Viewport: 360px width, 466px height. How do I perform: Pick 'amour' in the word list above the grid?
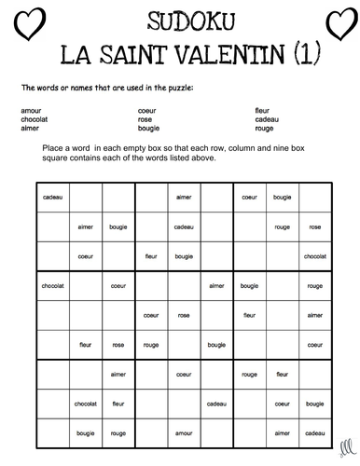click(29, 111)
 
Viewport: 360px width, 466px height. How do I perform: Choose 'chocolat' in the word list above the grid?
click(34, 119)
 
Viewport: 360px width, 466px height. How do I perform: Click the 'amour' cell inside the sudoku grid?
click(183, 432)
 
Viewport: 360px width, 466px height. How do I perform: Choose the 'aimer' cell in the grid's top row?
click(183, 197)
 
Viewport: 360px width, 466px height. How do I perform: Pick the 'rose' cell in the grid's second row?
click(314, 226)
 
